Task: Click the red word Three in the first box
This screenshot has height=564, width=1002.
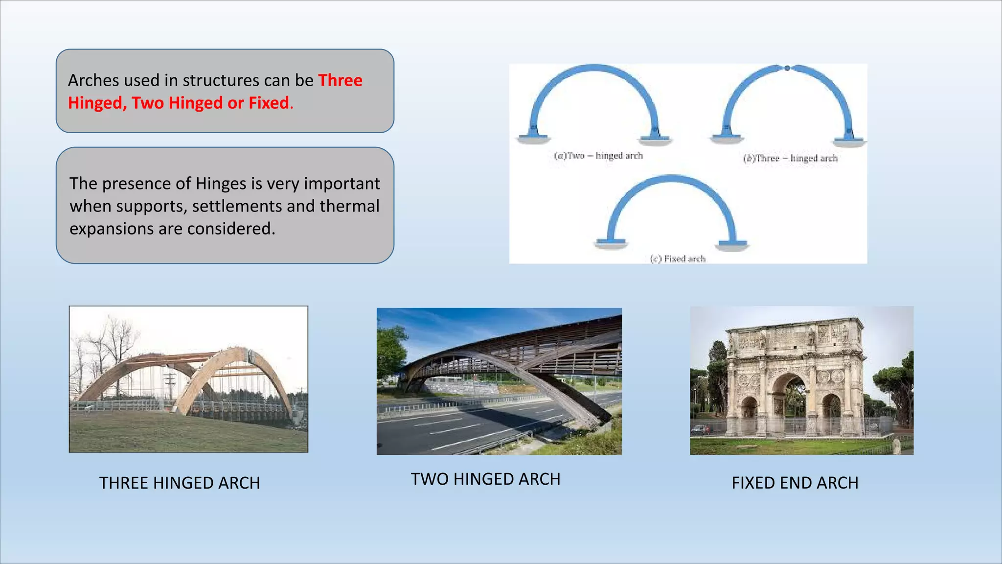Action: [340, 80]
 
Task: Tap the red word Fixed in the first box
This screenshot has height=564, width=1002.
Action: [269, 103]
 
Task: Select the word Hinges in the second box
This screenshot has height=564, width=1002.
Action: [221, 184]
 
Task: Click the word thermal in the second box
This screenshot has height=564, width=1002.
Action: [349, 206]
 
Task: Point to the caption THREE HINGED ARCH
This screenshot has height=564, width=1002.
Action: [180, 483]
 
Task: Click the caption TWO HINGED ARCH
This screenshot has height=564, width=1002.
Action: [485, 479]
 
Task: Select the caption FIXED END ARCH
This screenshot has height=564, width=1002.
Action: [795, 483]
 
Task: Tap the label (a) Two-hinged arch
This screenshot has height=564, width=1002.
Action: [598, 156]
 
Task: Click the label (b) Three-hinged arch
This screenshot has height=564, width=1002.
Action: [790, 158]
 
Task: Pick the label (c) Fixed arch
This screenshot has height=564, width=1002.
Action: [678, 258]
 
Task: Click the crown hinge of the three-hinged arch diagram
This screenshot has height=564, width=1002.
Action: [787, 68]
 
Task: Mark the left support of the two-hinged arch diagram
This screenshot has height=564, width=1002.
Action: [533, 137]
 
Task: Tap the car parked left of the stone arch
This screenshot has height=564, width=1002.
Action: [702, 429]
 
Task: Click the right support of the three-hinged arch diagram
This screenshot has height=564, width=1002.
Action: [850, 140]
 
